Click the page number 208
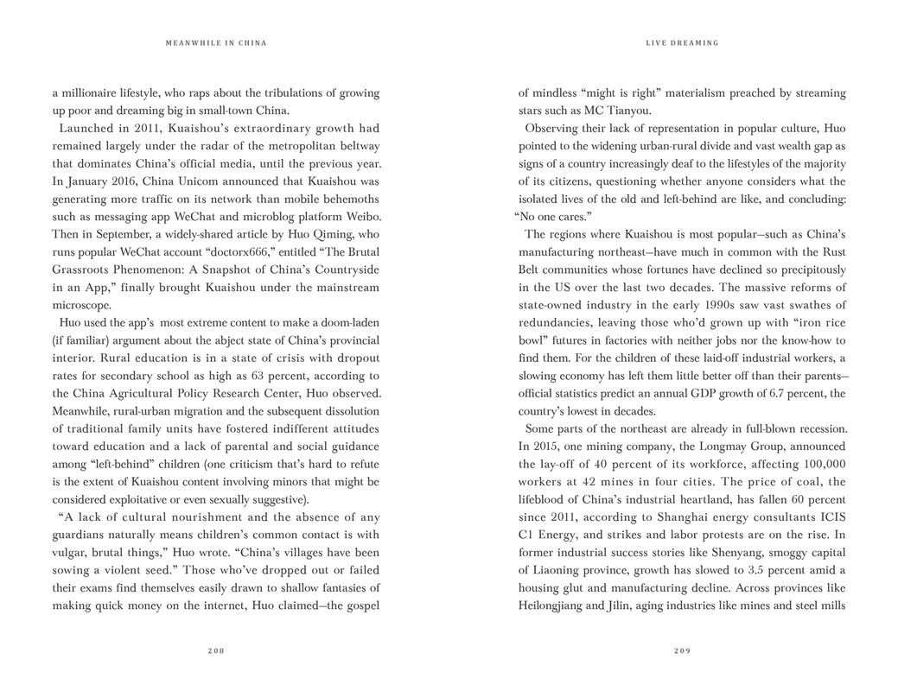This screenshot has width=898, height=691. [216, 650]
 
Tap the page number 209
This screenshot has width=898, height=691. [682, 650]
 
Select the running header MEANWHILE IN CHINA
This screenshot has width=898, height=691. [216, 42]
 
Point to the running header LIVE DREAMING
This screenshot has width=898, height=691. [682, 42]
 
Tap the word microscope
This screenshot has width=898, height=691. [81, 304]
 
